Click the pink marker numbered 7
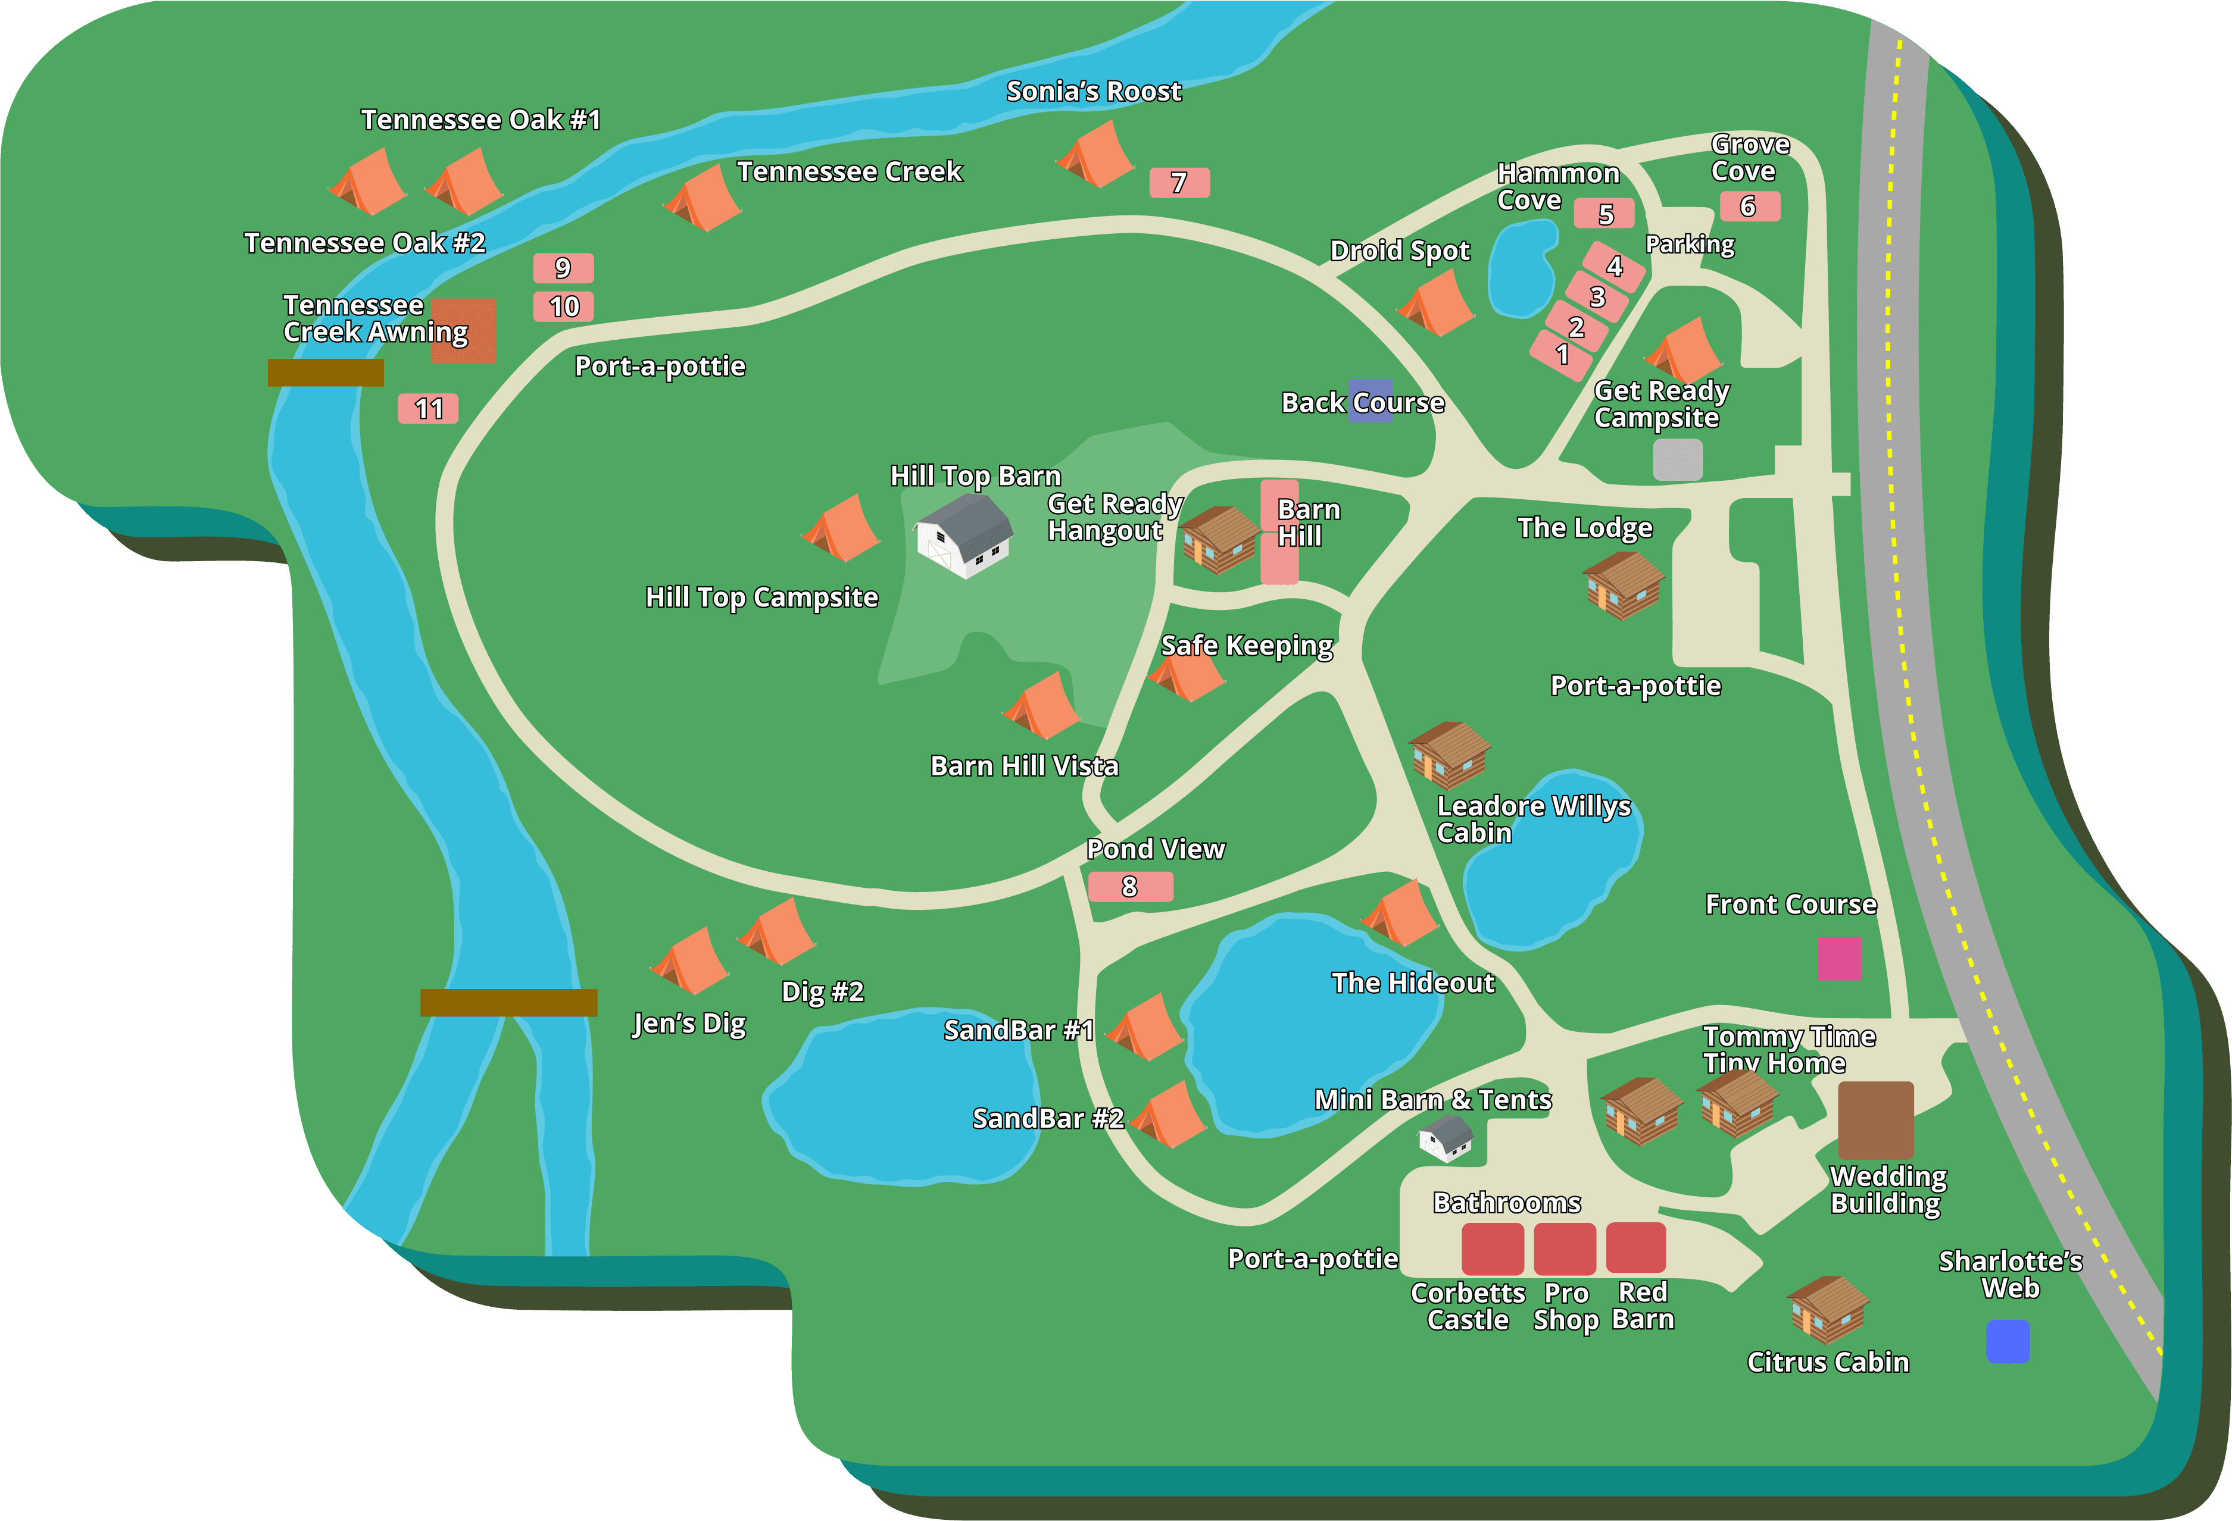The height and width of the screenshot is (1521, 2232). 1179,183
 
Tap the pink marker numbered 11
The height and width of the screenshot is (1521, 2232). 428,409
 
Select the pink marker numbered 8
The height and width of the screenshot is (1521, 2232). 1131,886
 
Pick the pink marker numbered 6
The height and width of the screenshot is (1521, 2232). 1749,206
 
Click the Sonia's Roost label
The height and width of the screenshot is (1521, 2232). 1093,91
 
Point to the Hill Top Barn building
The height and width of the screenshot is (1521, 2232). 963,536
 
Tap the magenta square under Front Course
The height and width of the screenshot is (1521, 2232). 1839,958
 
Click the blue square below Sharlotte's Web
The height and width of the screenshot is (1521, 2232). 2008,1341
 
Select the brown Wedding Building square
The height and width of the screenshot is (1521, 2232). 1876,1120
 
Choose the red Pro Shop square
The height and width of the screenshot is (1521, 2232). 1565,1249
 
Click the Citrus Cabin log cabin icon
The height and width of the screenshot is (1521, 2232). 1828,1309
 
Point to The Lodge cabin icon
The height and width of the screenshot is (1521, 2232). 1623,584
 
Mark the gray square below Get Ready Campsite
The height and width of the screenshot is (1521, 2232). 1678,460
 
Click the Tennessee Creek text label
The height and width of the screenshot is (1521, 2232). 849,172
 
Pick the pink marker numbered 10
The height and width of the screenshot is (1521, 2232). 564,306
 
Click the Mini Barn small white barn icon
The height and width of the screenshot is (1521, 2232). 1446,1138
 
